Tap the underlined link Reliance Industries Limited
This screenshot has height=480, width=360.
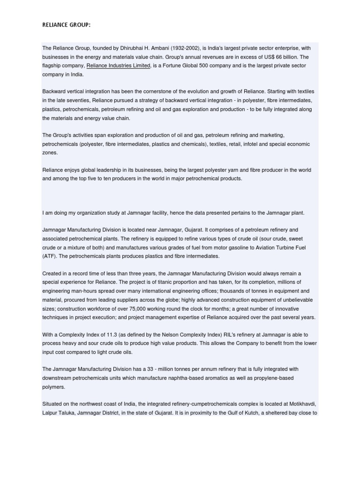(118, 66)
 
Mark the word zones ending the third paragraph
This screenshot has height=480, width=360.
(50, 153)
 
